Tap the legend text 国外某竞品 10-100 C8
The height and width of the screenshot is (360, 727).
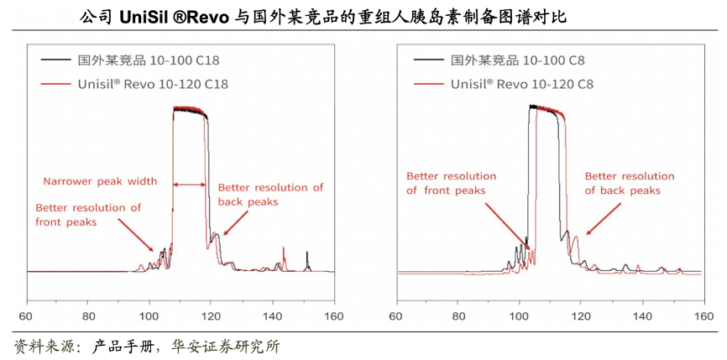[x=517, y=60]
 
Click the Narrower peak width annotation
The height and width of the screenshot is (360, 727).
[x=100, y=180]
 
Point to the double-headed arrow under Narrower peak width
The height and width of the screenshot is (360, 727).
[x=191, y=184]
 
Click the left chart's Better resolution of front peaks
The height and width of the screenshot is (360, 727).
[x=88, y=215]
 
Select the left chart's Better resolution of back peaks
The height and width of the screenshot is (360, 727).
[x=269, y=195]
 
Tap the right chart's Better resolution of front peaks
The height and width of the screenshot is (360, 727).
[x=451, y=183]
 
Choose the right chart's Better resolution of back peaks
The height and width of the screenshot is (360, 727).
[x=629, y=183]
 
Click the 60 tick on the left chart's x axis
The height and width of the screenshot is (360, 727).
[x=25, y=316]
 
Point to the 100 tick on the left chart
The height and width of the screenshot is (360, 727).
[x=149, y=316]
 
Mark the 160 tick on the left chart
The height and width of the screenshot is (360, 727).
[x=334, y=316]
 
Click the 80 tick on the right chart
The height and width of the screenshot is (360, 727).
[x=458, y=316]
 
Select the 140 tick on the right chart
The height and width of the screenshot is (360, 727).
[x=642, y=316]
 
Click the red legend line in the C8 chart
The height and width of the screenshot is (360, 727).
[x=428, y=84]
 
